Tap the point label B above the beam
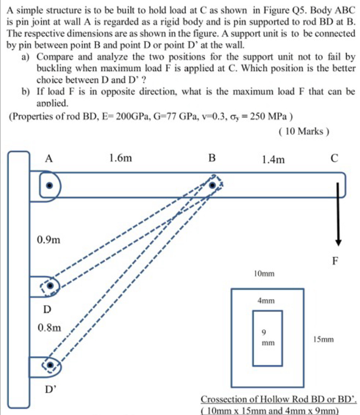(212, 158)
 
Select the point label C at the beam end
(334, 158)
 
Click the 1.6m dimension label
(120, 158)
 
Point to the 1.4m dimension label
(273, 160)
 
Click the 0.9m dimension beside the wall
(49, 240)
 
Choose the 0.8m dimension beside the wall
(49, 328)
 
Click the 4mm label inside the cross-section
(266, 301)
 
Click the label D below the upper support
(47, 309)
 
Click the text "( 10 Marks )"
(304, 131)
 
